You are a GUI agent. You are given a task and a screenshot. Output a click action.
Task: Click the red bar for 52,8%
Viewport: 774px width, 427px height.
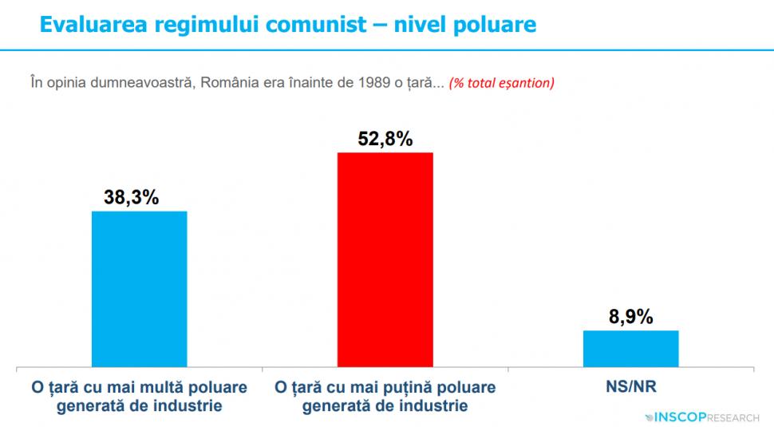[385, 259]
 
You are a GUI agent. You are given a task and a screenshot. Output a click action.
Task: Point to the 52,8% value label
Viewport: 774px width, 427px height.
[385, 139]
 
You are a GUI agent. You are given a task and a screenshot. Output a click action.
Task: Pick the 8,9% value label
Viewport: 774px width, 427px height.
[630, 317]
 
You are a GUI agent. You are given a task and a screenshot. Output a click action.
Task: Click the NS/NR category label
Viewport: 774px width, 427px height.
[631, 387]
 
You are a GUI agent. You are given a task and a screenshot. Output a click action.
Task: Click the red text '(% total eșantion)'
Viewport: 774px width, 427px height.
[502, 83]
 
